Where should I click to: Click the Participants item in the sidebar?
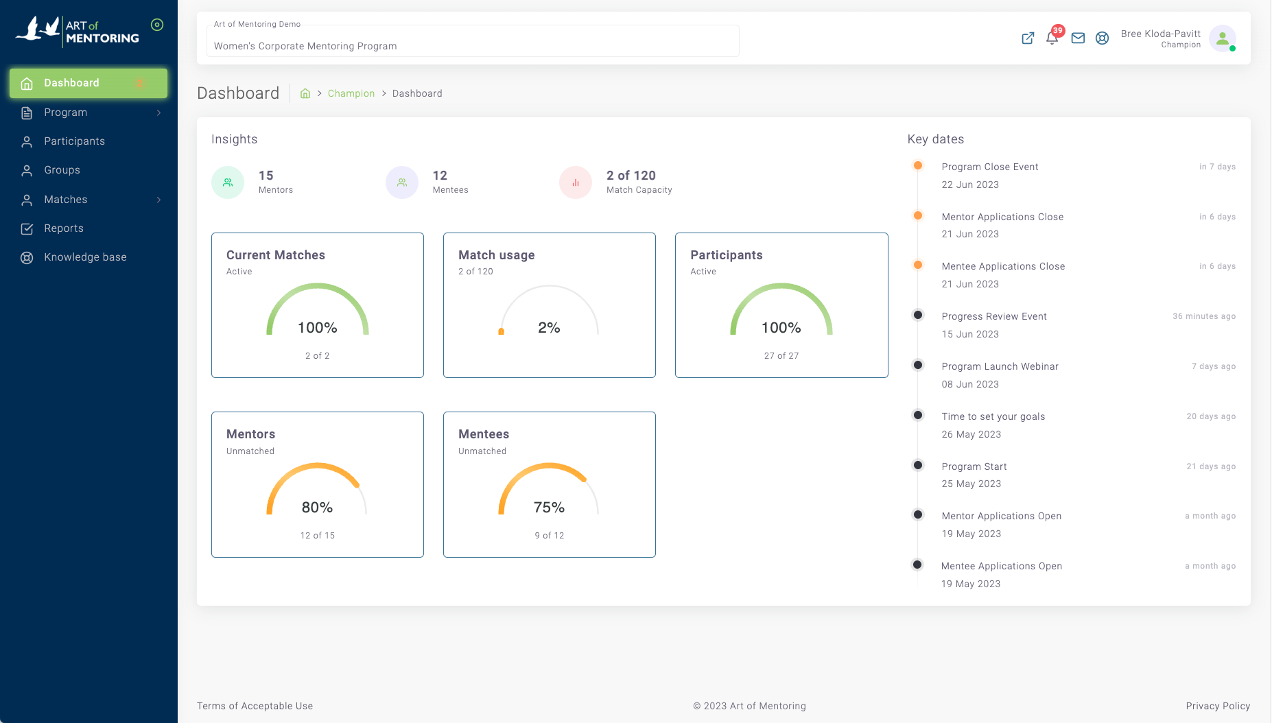pos(74,141)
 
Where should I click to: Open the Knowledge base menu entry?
pos(85,257)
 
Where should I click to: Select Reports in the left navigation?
pos(63,228)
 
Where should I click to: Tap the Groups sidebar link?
pos(62,170)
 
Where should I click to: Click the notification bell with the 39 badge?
pos(1052,38)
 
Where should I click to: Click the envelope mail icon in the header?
pos(1078,38)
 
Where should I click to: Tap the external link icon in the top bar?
pos(1027,38)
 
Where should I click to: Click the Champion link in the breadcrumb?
pos(351,93)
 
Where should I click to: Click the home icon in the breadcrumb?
pos(305,93)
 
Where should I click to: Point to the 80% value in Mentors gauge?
pos(317,508)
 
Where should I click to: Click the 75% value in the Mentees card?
pos(549,508)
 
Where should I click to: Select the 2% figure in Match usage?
pos(549,328)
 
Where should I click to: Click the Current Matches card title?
pos(276,255)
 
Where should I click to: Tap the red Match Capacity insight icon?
pos(576,182)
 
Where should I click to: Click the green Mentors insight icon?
pos(228,182)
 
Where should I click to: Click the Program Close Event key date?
pos(989,167)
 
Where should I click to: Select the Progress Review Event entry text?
pos(993,316)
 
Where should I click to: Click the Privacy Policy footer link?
pos(1217,706)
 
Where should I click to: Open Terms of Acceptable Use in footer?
pos(255,706)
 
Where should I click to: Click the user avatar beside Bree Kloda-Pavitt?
pos(1222,38)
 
